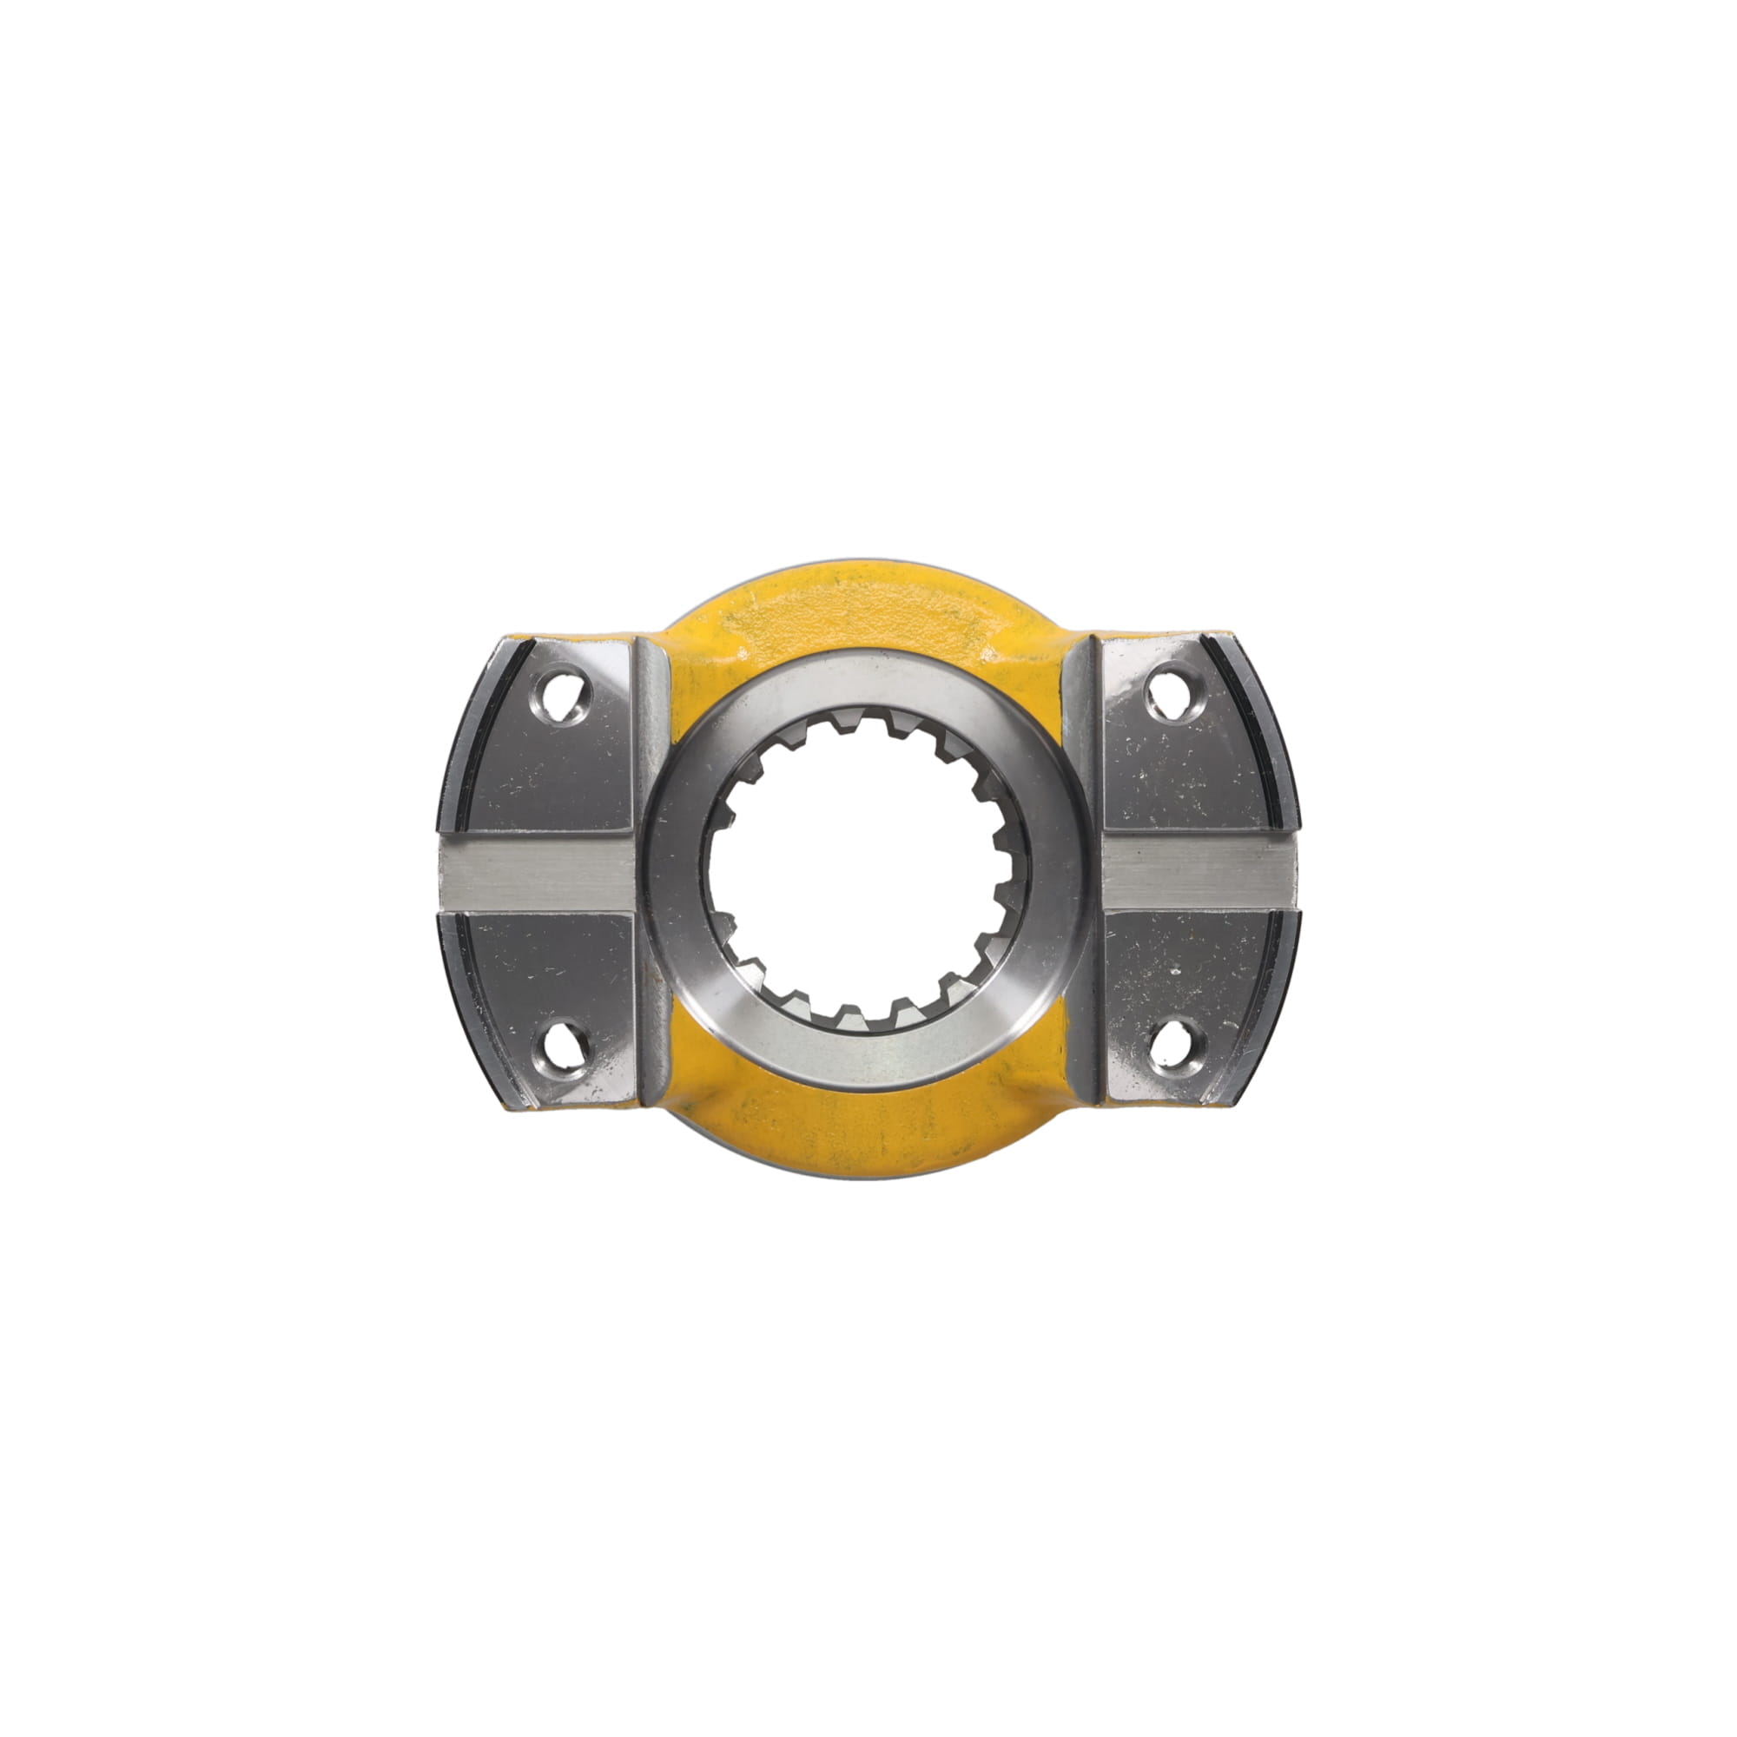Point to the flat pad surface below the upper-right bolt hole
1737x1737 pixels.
[x=1178, y=783]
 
